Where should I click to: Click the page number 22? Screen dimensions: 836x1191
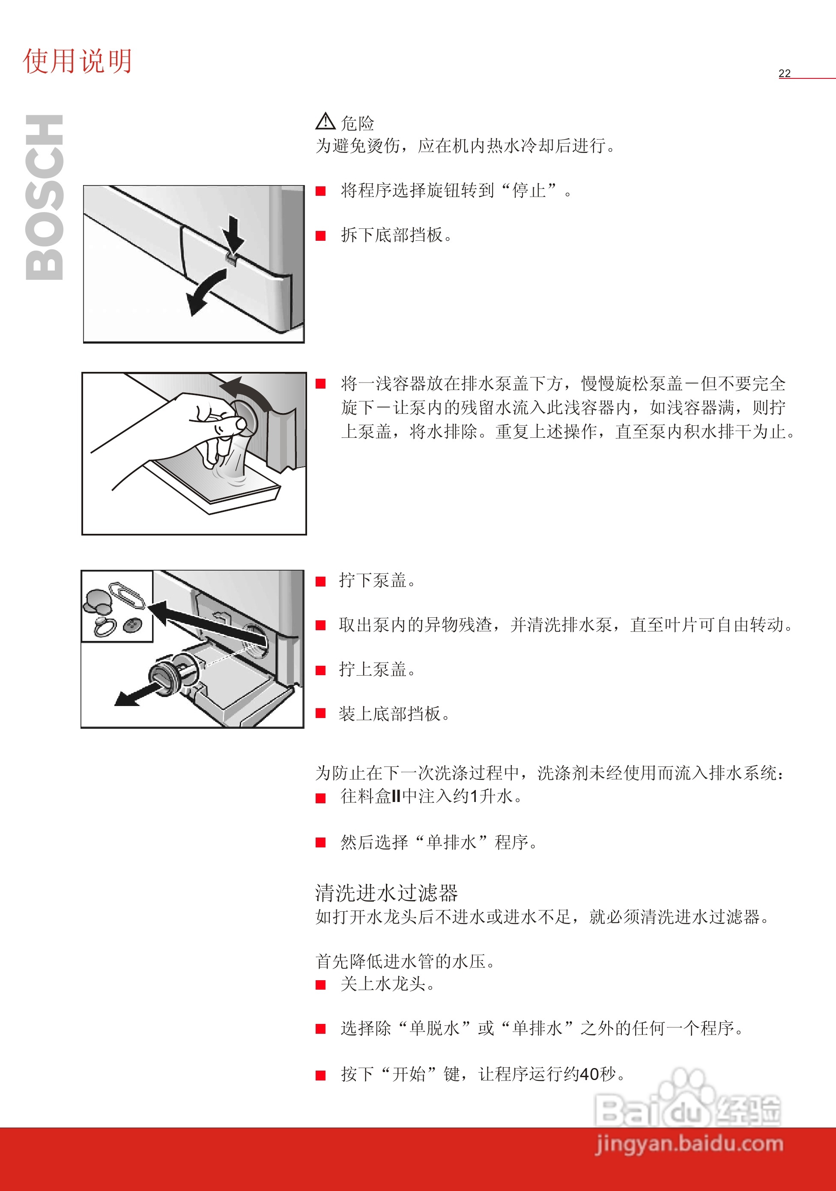point(784,73)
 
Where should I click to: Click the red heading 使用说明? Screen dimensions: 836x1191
point(77,61)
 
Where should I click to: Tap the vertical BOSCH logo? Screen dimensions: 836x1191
point(45,197)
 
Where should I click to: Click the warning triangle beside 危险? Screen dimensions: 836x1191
point(325,121)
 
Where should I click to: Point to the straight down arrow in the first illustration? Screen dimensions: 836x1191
point(234,236)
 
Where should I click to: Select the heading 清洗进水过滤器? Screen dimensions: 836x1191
point(386,893)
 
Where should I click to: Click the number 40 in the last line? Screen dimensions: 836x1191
point(589,1074)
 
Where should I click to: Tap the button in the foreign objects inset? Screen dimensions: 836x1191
point(132,625)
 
